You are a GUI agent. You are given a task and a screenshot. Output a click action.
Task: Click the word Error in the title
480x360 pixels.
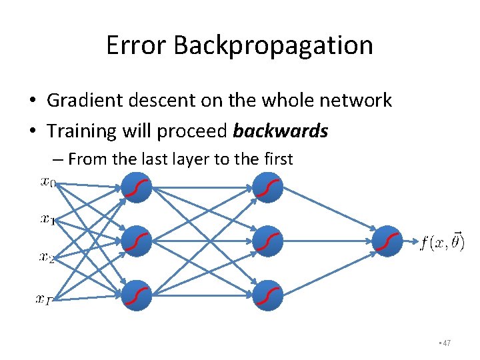click(136, 45)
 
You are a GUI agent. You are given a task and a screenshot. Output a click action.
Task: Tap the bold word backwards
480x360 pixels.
click(281, 131)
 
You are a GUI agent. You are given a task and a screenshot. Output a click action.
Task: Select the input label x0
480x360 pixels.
click(48, 181)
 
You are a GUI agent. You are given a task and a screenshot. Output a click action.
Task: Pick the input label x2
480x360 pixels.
click(48, 257)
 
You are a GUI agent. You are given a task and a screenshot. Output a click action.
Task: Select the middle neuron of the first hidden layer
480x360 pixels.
click(136, 241)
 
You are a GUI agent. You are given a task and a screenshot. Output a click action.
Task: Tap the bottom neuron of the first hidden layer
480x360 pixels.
click(136, 295)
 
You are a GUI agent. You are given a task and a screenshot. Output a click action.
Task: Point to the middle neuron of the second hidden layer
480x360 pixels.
click(268, 241)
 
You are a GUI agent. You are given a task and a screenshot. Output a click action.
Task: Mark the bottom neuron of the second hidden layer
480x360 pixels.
click(268, 295)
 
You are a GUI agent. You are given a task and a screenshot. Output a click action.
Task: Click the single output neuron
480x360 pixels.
click(387, 241)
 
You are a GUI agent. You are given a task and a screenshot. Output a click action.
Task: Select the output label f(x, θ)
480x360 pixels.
click(442, 241)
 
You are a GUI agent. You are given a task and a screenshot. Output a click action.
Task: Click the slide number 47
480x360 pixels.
click(446, 343)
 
